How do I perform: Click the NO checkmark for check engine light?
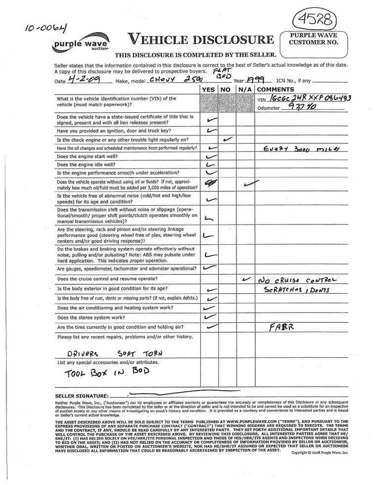click(x=228, y=139)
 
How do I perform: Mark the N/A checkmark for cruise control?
click(x=245, y=279)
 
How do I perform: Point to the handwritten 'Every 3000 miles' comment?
click(x=297, y=148)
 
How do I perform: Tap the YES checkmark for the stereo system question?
click(x=210, y=317)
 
